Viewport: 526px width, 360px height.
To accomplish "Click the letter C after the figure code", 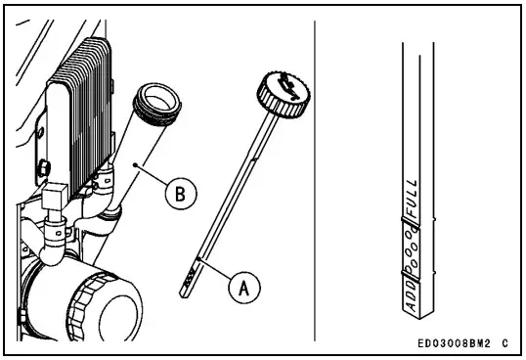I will [x=504, y=343].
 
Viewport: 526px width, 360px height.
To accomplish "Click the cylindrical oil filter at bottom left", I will [x=82, y=304].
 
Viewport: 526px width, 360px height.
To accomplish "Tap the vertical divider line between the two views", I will [x=315, y=176].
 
